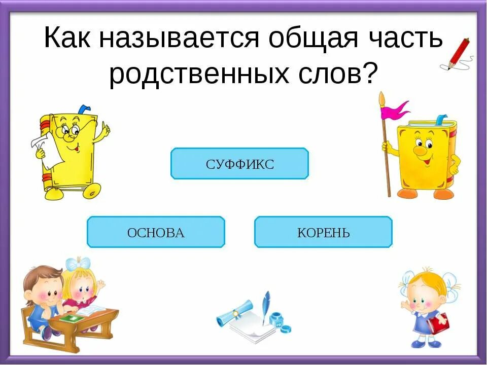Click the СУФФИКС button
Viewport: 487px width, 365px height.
239,164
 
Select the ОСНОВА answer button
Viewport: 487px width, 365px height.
156,232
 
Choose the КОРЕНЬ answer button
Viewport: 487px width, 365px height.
323,232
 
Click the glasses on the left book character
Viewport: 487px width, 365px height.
70,131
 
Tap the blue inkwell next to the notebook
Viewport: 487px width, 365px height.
276,320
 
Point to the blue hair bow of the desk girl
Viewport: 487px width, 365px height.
77,264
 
